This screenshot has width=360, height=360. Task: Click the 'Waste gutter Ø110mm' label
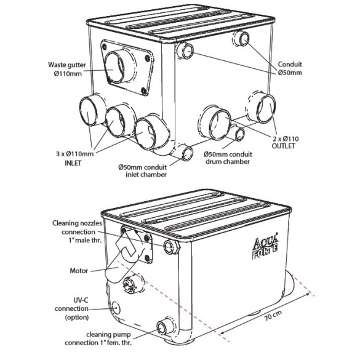click(x=66, y=69)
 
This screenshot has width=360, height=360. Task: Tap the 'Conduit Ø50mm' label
click(x=290, y=68)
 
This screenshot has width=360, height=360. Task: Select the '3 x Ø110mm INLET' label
click(x=74, y=158)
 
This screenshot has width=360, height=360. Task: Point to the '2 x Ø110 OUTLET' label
click(x=285, y=142)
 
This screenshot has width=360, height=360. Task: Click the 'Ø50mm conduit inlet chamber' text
click(x=143, y=170)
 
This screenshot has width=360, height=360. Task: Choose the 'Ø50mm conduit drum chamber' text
click(x=228, y=158)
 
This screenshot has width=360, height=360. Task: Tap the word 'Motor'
click(x=79, y=271)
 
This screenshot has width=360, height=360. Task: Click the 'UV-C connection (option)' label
click(x=71, y=308)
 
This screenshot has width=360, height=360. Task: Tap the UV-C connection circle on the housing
click(x=116, y=308)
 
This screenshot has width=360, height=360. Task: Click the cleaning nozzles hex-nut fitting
click(x=171, y=247)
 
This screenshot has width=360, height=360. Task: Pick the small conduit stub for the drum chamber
click(x=238, y=134)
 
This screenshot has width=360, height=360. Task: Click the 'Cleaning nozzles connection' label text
click(x=77, y=227)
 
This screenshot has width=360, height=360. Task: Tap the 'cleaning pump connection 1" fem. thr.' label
click(x=98, y=338)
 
